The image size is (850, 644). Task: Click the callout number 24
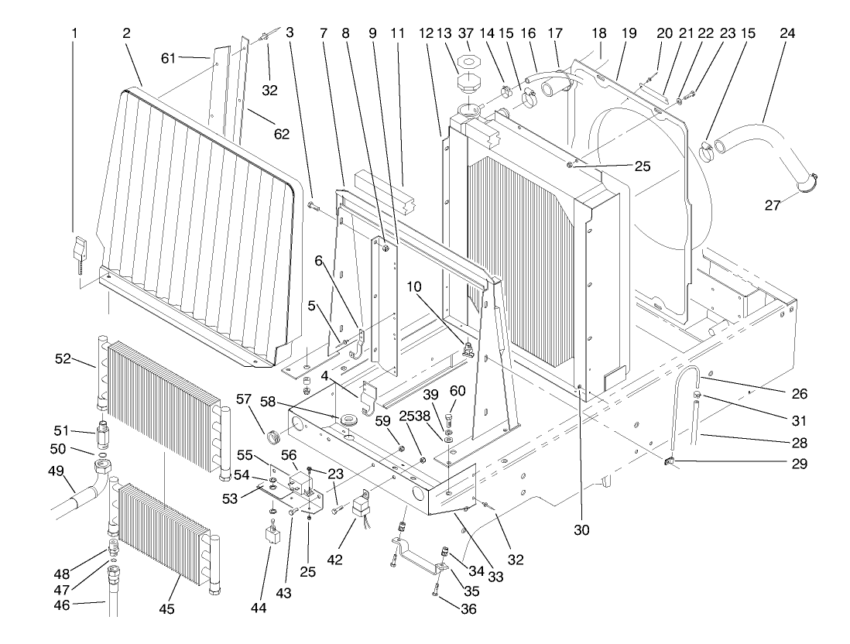(765, 34)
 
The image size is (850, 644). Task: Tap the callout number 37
(468, 34)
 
